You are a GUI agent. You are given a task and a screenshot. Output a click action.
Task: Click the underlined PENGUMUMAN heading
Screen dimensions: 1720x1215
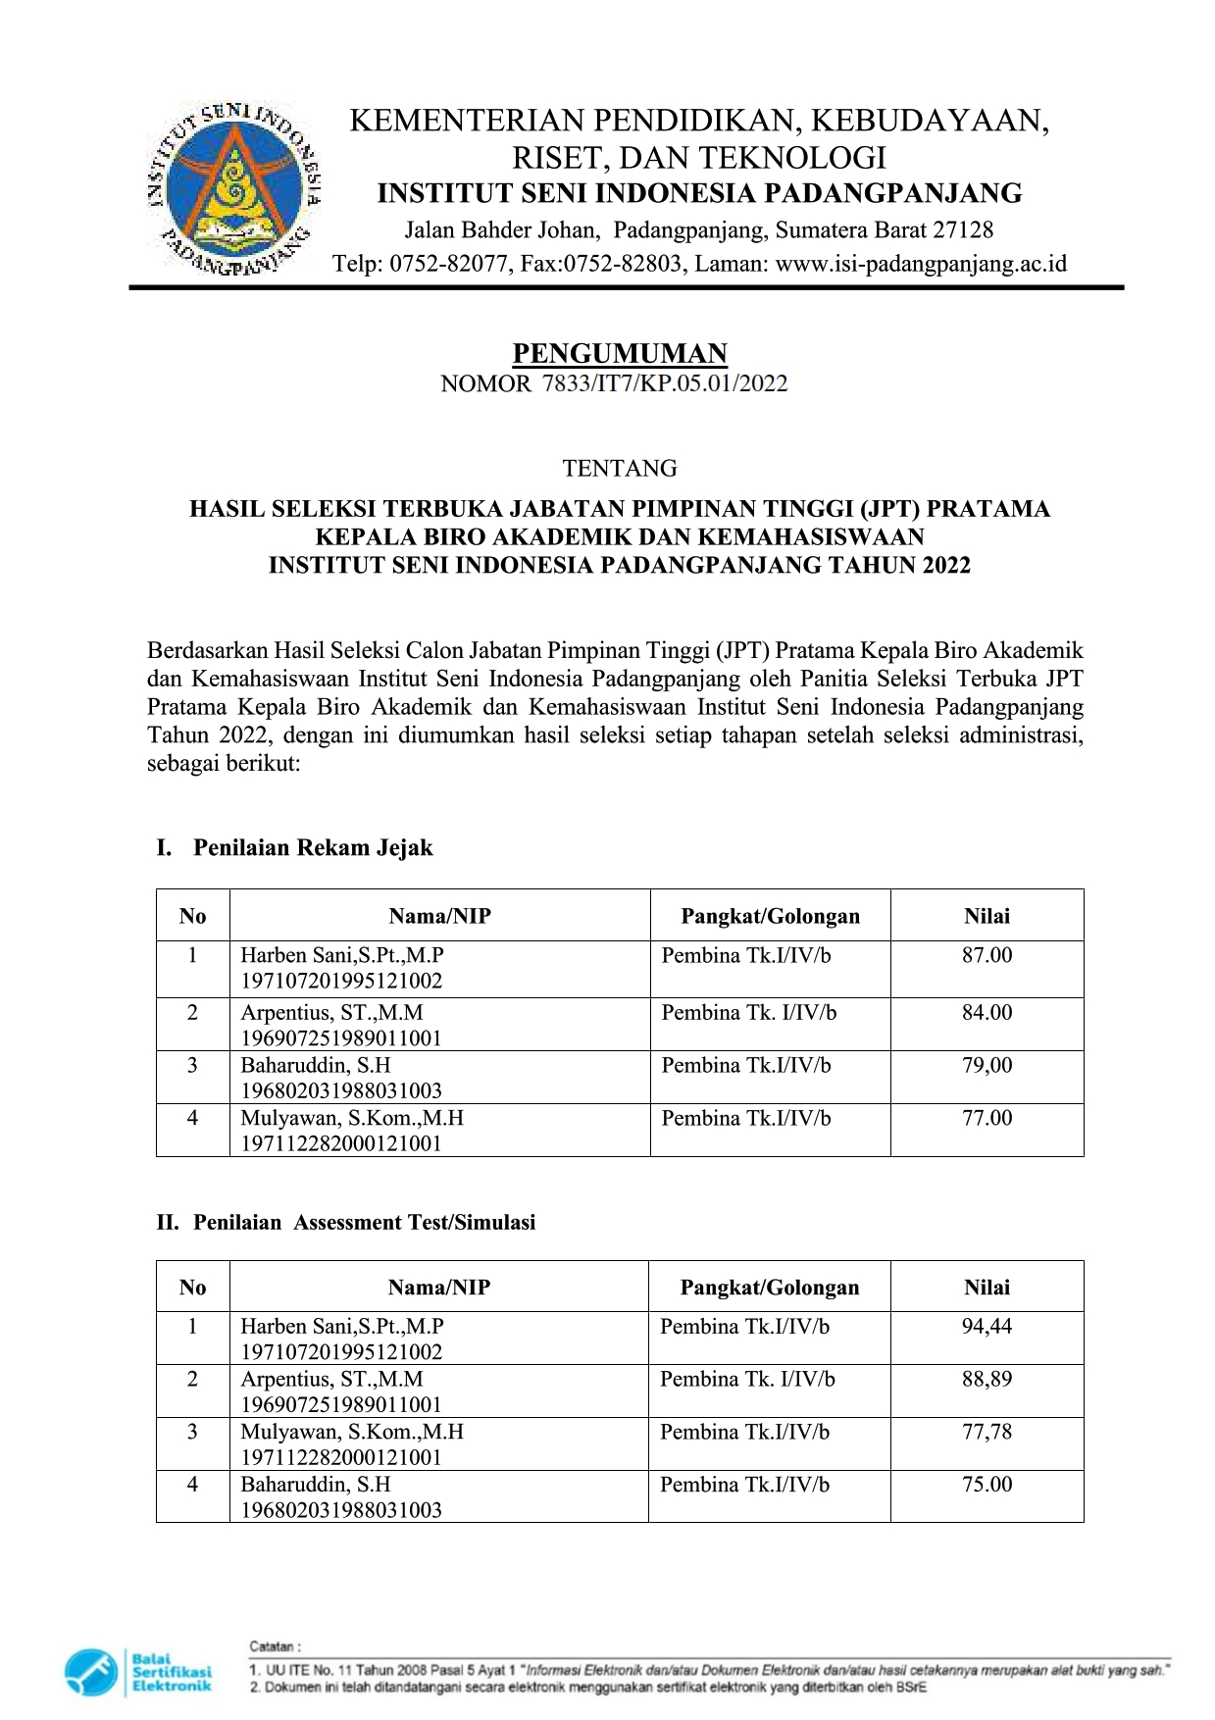click(x=620, y=353)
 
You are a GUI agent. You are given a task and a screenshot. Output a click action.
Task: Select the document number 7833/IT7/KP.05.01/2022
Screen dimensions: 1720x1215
click(x=665, y=383)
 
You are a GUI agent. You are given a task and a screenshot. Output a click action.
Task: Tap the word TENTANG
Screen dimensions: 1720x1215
click(x=620, y=468)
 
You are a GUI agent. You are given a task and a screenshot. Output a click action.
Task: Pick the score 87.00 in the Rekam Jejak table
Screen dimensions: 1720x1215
click(x=987, y=955)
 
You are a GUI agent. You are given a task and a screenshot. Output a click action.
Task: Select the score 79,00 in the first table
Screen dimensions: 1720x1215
click(x=987, y=1065)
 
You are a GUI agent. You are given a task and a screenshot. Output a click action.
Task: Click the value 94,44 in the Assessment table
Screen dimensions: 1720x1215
click(x=987, y=1327)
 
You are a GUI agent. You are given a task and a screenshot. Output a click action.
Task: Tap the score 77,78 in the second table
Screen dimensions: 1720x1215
click(x=987, y=1432)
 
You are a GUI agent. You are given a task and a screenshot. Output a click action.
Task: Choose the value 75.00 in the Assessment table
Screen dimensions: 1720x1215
click(x=987, y=1485)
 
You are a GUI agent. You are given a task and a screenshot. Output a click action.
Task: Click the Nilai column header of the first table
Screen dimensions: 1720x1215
click(x=987, y=916)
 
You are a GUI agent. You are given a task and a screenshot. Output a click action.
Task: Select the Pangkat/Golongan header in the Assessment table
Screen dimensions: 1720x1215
click(x=770, y=1288)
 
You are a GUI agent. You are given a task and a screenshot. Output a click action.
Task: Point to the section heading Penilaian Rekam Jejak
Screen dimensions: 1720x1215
click(x=313, y=848)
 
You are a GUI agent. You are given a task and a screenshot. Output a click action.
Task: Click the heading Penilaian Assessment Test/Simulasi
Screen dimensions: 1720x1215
click(x=364, y=1223)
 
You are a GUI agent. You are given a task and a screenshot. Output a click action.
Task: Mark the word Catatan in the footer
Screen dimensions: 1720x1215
click(x=276, y=1646)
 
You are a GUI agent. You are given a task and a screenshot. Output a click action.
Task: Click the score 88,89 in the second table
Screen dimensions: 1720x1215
click(x=987, y=1379)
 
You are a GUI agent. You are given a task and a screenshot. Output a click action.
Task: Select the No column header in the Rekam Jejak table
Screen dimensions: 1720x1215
click(x=192, y=916)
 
